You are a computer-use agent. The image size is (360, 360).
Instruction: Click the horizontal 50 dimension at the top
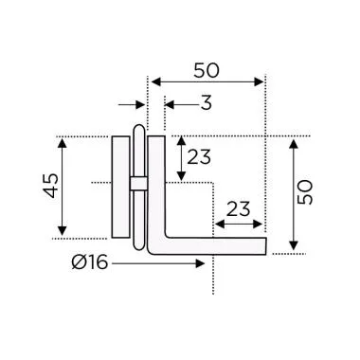[x=208, y=70]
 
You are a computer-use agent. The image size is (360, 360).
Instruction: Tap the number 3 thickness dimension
[x=207, y=102]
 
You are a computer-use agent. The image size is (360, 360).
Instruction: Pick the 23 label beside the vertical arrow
[x=200, y=157]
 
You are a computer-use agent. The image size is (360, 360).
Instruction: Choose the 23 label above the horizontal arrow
[x=239, y=207]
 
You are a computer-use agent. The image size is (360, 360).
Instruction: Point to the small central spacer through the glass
[x=138, y=182]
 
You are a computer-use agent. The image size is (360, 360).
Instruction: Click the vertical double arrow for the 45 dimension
[x=63, y=188]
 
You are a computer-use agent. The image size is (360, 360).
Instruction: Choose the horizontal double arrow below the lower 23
[x=239, y=225]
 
